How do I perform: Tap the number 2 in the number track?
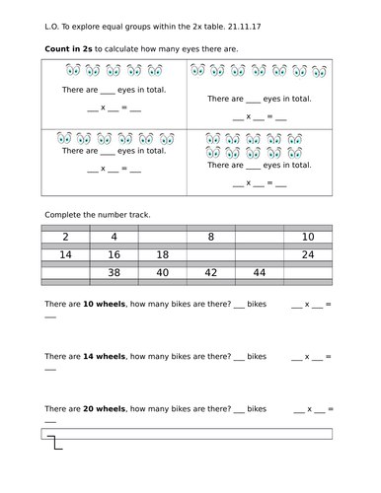pos(64,237)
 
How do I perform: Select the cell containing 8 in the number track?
pos(210,237)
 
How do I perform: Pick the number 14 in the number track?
pos(64,254)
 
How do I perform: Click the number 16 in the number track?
pos(114,254)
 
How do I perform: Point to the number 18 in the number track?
pos(162,254)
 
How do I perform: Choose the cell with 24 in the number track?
pos(307,254)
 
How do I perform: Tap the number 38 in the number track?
pos(114,273)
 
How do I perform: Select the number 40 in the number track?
pos(162,273)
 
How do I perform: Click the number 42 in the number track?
pos(210,273)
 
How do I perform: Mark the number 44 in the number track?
pos(259,273)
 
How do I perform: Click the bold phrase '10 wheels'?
pos(105,304)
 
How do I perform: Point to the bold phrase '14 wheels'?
pos(105,356)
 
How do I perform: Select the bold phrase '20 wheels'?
pos(105,408)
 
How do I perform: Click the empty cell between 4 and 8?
pos(162,237)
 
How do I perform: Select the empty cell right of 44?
pos(307,273)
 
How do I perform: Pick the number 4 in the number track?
pos(114,237)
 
